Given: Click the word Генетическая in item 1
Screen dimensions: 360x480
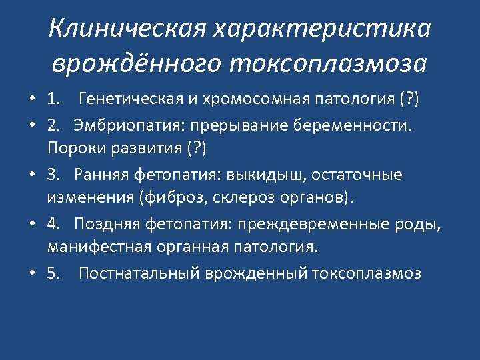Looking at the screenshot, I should [x=129, y=101].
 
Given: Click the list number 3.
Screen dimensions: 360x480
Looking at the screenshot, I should [x=53, y=175].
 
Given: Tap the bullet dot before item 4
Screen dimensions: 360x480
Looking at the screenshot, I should [x=32, y=224].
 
